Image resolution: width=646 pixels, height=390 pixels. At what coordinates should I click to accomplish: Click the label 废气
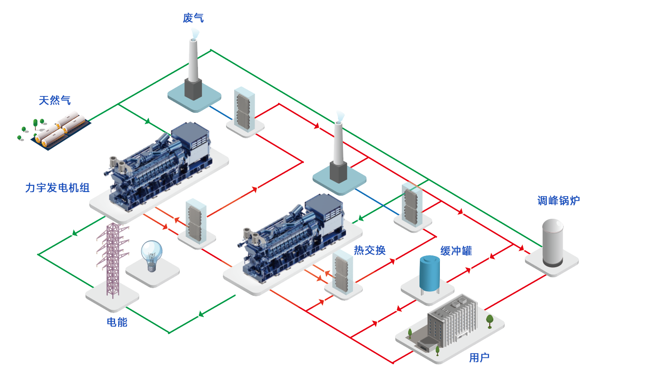click(193, 18)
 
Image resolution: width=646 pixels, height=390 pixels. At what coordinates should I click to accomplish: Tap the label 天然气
click(55, 100)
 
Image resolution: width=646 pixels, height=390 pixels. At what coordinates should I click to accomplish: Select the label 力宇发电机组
click(58, 188)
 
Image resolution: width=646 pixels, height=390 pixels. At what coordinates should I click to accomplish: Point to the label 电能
click(117, 322)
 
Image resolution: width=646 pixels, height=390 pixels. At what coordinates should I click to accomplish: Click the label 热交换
click(370, 250)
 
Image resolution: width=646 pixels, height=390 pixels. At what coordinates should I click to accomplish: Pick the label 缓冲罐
click(456, 251)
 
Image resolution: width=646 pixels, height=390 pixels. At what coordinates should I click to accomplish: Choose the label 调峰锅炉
click(559, 200)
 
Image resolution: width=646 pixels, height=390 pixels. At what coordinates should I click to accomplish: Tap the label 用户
click(479, 357)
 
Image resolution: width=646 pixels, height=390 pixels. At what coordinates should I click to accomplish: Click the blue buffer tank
click(429, 274)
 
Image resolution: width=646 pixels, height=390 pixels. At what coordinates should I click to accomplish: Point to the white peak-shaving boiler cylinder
click(552, 243)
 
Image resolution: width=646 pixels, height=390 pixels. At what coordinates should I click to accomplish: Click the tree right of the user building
click(490, 320)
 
